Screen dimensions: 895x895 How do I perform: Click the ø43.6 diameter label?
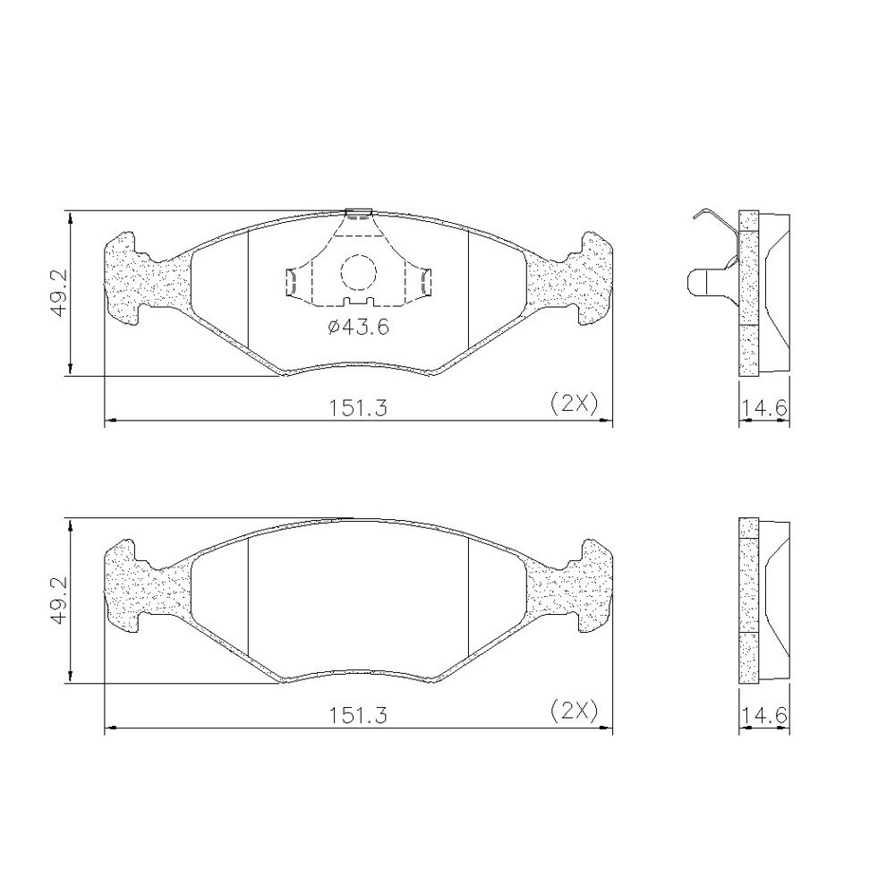(359, 327)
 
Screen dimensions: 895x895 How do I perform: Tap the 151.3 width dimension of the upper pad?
(358, 408)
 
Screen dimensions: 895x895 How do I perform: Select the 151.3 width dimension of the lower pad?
(358, 714)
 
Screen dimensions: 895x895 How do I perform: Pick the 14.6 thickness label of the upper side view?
(765, 408)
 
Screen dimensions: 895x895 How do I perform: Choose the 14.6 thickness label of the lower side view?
(765, 714)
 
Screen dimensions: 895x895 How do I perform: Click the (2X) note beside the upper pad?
(575, 405)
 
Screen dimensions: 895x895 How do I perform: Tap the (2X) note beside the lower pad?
(575, 711)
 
